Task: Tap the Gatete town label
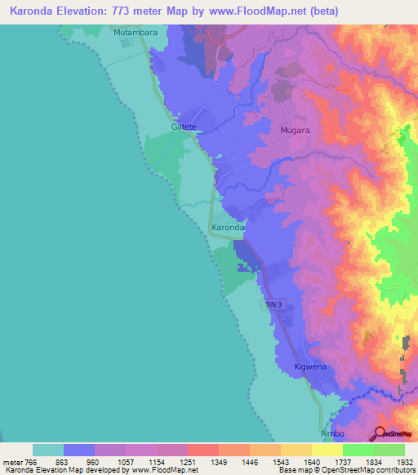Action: click(x=185, y=127)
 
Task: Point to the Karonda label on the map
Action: click(x=228, y=228)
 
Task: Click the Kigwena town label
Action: click(x=310, y=367)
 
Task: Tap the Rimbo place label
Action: click(x=334, y=434)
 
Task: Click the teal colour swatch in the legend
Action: click(x=48, y=450)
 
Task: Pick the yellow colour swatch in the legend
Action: click(x=327, y=450)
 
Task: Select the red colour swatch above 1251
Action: click(x=202, y=450)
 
